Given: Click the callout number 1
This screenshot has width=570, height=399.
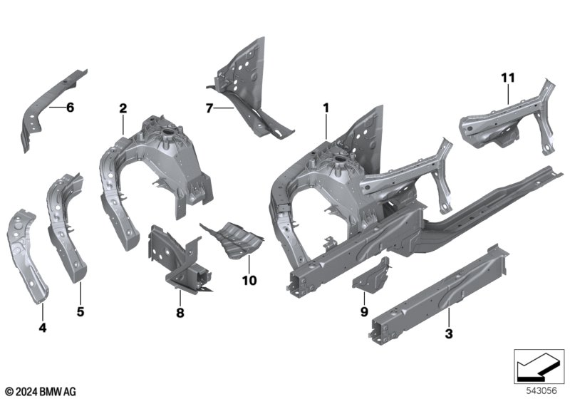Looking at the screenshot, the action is (x=326, y=108).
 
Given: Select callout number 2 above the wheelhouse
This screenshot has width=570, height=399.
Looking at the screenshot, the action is (x=123, y=108).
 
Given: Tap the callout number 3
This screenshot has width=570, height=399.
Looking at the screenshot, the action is (x=449, y=333).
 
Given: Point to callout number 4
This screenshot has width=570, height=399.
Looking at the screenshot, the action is (x=43, y=328).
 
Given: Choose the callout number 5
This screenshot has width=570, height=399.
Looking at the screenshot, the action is (x=81, y=311).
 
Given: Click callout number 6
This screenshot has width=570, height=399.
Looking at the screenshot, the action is (x=70, y=108).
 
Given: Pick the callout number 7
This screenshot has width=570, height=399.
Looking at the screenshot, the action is (x=209, y=108).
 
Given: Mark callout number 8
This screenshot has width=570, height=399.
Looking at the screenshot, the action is (x=180, y=313).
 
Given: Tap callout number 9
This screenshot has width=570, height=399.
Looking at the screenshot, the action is (x=364, y=312).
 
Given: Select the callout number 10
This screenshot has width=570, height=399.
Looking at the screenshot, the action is (x=249, y=281).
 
